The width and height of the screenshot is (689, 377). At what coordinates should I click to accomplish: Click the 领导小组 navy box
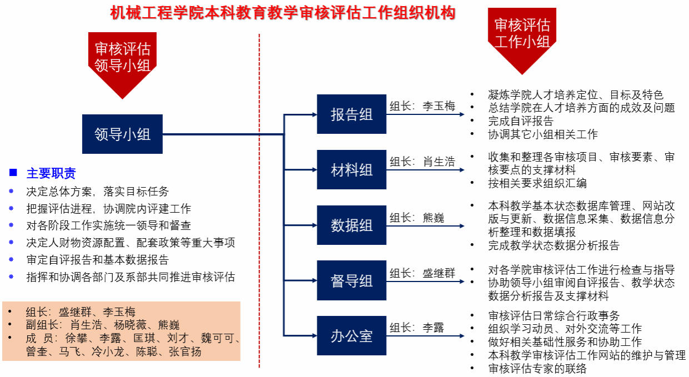(x=122, y=134)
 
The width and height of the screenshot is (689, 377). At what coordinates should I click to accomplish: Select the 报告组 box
(x=351, y=114)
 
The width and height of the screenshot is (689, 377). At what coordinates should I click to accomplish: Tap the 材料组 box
(x=351, y=169)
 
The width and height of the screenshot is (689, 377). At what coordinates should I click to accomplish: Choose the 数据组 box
(x=351, y=225)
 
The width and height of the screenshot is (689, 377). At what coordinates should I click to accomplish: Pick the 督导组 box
(x=351, y=280)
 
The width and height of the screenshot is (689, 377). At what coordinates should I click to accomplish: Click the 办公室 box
(x=351, y=336)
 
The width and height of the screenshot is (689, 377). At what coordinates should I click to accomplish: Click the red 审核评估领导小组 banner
(x=122, y=58)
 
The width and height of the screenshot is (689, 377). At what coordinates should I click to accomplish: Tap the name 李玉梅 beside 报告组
(x=438, y=106)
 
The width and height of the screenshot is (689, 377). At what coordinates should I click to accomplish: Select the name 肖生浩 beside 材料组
(x=438, y=162)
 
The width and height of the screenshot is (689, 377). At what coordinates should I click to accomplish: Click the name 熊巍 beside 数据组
(x=433, y=218)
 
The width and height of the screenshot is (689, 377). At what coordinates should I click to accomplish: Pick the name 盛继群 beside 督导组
(x=438, y=273)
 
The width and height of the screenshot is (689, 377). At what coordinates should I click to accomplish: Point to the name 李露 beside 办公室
(x=433, y=328)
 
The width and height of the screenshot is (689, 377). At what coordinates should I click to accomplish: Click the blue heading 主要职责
(x=51, y=173)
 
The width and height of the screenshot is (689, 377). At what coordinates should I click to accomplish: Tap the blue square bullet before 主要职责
(x=13, y=173)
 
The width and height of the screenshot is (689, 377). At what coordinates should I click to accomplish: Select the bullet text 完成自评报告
(x=521, y=121)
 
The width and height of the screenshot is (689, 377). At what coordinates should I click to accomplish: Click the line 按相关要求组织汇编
(x=537, y=183)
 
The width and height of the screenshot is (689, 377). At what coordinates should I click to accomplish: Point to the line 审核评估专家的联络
(x=537, y=368)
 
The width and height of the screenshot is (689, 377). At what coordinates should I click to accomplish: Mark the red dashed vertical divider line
(x=259, y=200)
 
